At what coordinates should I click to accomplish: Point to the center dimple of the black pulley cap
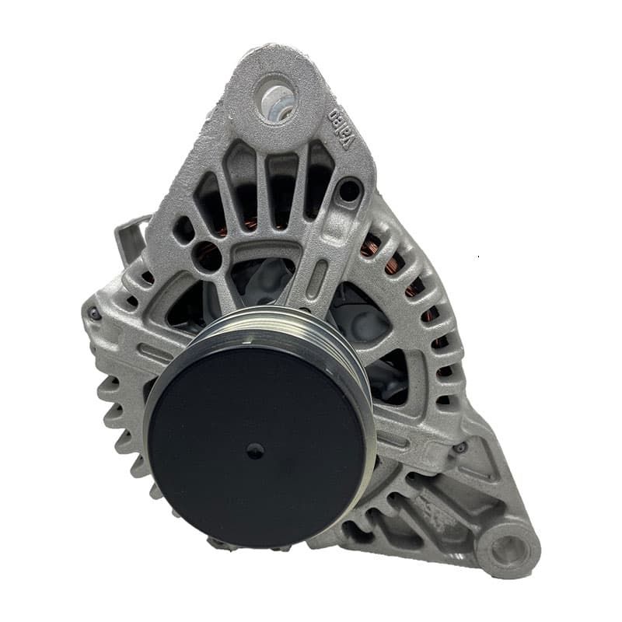[255, 450]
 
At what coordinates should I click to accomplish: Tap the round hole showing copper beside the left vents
[207, 256]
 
